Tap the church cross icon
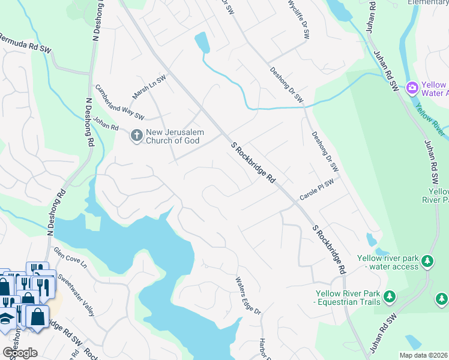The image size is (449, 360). (x=136, y=136)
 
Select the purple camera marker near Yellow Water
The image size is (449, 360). (x=412, y=88)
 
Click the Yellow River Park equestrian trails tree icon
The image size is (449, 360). (x=390, y=296)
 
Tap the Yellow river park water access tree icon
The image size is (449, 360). (x=427, y=261)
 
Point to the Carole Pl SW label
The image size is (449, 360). (x=317, y=190)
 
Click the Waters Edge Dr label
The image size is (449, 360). (x=249, y=295)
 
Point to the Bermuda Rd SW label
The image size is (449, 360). (x=25, y=49)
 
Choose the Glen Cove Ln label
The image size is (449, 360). (x=70, y=259)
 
